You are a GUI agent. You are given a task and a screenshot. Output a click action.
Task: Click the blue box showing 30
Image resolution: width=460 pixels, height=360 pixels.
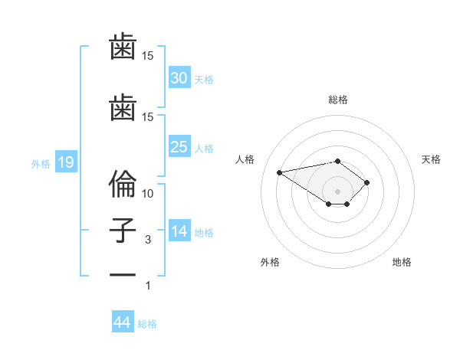179,77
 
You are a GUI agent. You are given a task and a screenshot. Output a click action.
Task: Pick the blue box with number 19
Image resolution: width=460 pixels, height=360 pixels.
65,162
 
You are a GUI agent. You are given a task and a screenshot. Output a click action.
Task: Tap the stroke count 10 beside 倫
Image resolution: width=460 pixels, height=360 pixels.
148,193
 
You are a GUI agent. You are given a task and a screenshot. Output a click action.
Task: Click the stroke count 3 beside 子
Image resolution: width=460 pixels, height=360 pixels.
148,240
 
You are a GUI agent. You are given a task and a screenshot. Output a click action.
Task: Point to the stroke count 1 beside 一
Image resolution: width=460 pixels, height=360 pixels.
148,286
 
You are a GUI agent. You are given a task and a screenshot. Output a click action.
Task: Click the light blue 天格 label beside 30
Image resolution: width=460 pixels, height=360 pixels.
204,79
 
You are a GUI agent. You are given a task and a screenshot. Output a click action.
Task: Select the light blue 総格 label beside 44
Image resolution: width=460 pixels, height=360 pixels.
147,324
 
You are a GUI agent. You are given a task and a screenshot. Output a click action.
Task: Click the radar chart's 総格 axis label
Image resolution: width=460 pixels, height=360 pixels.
338,100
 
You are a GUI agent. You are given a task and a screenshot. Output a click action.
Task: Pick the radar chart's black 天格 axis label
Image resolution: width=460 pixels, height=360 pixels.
432,159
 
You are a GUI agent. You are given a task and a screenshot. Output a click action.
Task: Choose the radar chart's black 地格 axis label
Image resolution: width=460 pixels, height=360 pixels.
402,262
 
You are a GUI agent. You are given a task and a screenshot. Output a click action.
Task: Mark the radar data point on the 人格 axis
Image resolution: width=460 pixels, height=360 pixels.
280,172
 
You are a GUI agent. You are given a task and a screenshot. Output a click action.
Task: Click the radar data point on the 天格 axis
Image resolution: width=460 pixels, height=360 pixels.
367,182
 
